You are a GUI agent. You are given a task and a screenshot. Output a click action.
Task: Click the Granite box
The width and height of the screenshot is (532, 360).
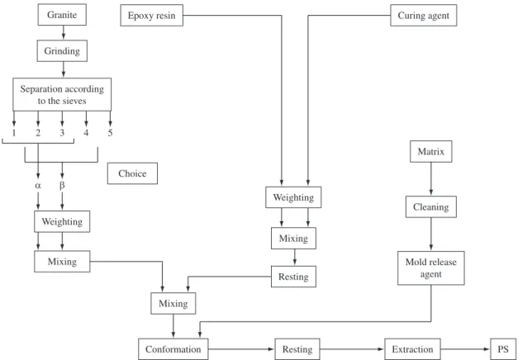(x=62, y=15)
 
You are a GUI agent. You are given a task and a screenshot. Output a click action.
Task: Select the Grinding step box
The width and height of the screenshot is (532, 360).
(x=62, y=51)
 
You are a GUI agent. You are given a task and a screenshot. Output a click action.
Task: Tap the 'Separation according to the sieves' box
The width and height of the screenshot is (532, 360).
(x=62, y=95)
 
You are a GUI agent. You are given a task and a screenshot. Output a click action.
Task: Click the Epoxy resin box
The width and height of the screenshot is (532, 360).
(x=152, y=15)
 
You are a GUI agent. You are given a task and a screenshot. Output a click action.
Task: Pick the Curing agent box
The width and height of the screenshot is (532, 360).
(x=424, y=15)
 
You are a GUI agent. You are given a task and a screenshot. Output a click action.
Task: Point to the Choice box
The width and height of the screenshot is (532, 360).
(x=132, y=173)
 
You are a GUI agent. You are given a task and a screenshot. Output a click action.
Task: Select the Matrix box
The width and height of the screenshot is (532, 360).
(x=431, y=152)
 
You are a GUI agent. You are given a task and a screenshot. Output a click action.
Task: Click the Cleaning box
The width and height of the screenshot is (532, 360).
(x=431, y=206)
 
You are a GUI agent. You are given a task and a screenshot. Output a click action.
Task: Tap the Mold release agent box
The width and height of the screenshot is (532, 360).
(x=431, y=268)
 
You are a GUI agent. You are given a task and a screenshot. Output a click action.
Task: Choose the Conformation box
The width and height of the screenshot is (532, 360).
(x=173, y=348)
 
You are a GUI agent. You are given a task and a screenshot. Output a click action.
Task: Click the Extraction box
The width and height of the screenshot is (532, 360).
(x=412, y=348)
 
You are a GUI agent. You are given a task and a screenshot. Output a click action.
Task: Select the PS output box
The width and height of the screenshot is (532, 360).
(x=503, y=348)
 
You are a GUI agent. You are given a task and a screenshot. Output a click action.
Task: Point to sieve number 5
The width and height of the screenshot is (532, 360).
(x=110, y=133)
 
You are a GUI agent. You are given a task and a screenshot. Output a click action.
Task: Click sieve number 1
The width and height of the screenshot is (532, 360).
(x=14, y=133)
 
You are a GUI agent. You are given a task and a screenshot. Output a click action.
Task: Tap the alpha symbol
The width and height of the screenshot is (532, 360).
(x=38, y=186)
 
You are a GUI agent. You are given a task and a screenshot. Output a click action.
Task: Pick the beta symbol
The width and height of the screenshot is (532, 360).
(x=62, y=186)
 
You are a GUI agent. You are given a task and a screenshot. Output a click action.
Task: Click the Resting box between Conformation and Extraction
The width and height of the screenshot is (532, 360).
(x=297, y=348)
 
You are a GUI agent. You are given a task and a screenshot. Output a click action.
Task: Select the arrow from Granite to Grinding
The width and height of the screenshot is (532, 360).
(x=64, y=32)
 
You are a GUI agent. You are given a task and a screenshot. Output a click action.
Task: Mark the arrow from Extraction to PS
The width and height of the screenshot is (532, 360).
(x=466, y=348)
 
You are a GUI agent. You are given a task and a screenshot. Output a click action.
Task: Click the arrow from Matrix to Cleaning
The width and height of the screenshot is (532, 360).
(x=431, y=179)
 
